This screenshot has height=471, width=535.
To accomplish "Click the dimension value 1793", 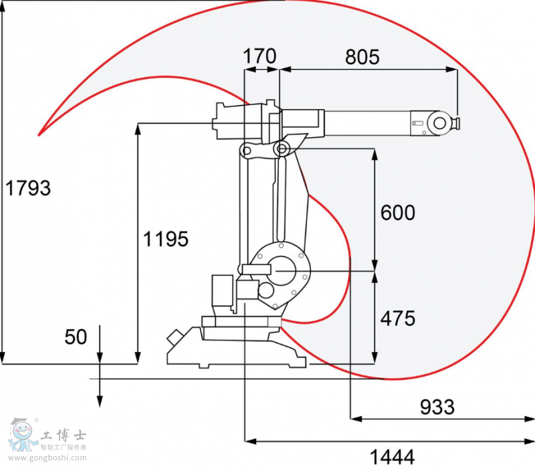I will (x=28, y=189).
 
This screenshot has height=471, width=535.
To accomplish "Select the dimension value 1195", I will (x=166, y=239).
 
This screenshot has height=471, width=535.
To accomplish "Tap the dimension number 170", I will (x=259, y=57).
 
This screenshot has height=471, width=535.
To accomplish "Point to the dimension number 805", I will (x=362, y=57).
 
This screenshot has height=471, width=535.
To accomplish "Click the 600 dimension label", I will (x=398, y=213).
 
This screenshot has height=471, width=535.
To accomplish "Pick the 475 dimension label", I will (x=398, y=318).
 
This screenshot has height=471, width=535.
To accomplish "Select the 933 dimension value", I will (x=437, y=407).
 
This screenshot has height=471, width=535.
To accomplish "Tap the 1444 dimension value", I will (x=393, y=457).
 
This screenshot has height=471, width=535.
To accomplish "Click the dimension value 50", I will (x=76, y=337).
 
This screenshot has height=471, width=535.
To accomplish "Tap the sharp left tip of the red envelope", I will (x=39, y=134).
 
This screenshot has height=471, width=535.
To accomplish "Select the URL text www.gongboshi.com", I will (x=47, y=458).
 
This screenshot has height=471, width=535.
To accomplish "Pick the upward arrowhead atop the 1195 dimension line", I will (x=138, y=128).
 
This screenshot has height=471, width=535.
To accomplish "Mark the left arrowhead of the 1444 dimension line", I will (x=250, y=441).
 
